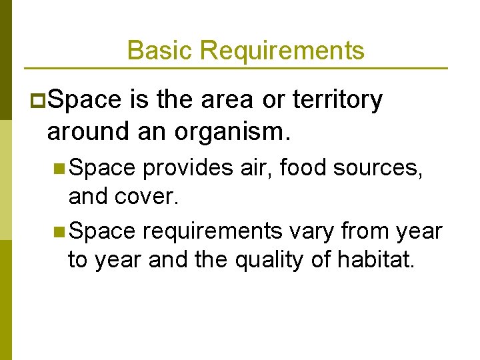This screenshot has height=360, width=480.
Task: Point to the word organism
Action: point(228,131)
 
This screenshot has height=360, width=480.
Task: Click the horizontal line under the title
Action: point(235,68)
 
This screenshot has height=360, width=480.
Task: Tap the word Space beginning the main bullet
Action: point(85,100)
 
